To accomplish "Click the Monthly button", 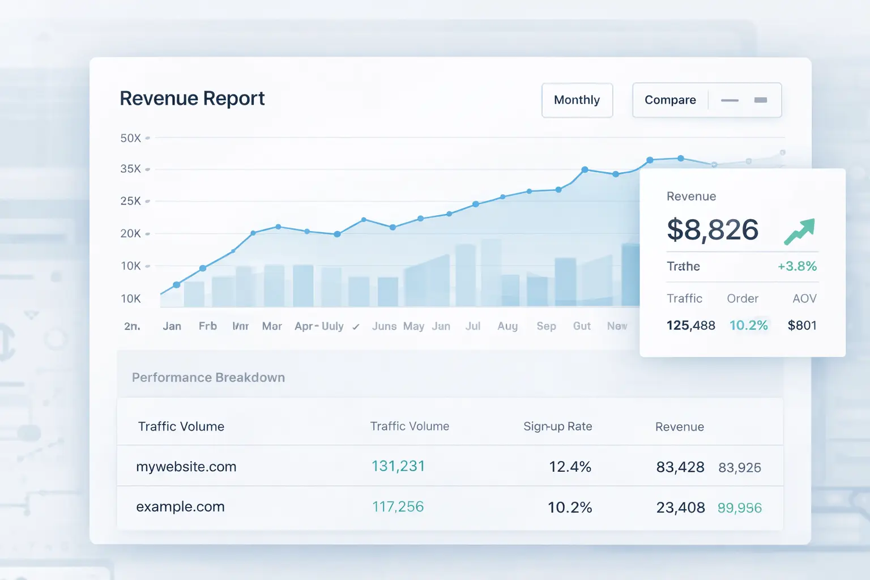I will coord(577,100).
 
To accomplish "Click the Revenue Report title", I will coord(192,99).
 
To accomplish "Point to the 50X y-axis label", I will coord(131,138).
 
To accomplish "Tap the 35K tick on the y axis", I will coord(131,169).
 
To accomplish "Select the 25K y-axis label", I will coord(131,201).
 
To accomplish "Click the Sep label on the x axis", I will coord(546,326).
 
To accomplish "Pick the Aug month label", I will coord(507,326).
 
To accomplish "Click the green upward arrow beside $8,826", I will coord(799,231).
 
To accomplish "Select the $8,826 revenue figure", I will coord(713,230).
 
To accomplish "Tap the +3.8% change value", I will coord(797,266).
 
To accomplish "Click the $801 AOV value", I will coord(802,326).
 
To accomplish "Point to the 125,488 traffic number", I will coord(690,326).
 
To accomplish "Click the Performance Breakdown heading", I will coord(208,378).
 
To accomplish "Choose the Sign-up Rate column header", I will coord(557,427).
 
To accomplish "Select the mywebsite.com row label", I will coord(186,467).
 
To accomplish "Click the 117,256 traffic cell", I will coord(398,507).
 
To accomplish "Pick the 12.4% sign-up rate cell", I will coord(570,467).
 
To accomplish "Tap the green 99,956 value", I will coord(739,508).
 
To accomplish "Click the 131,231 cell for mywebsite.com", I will coord(398,466).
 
